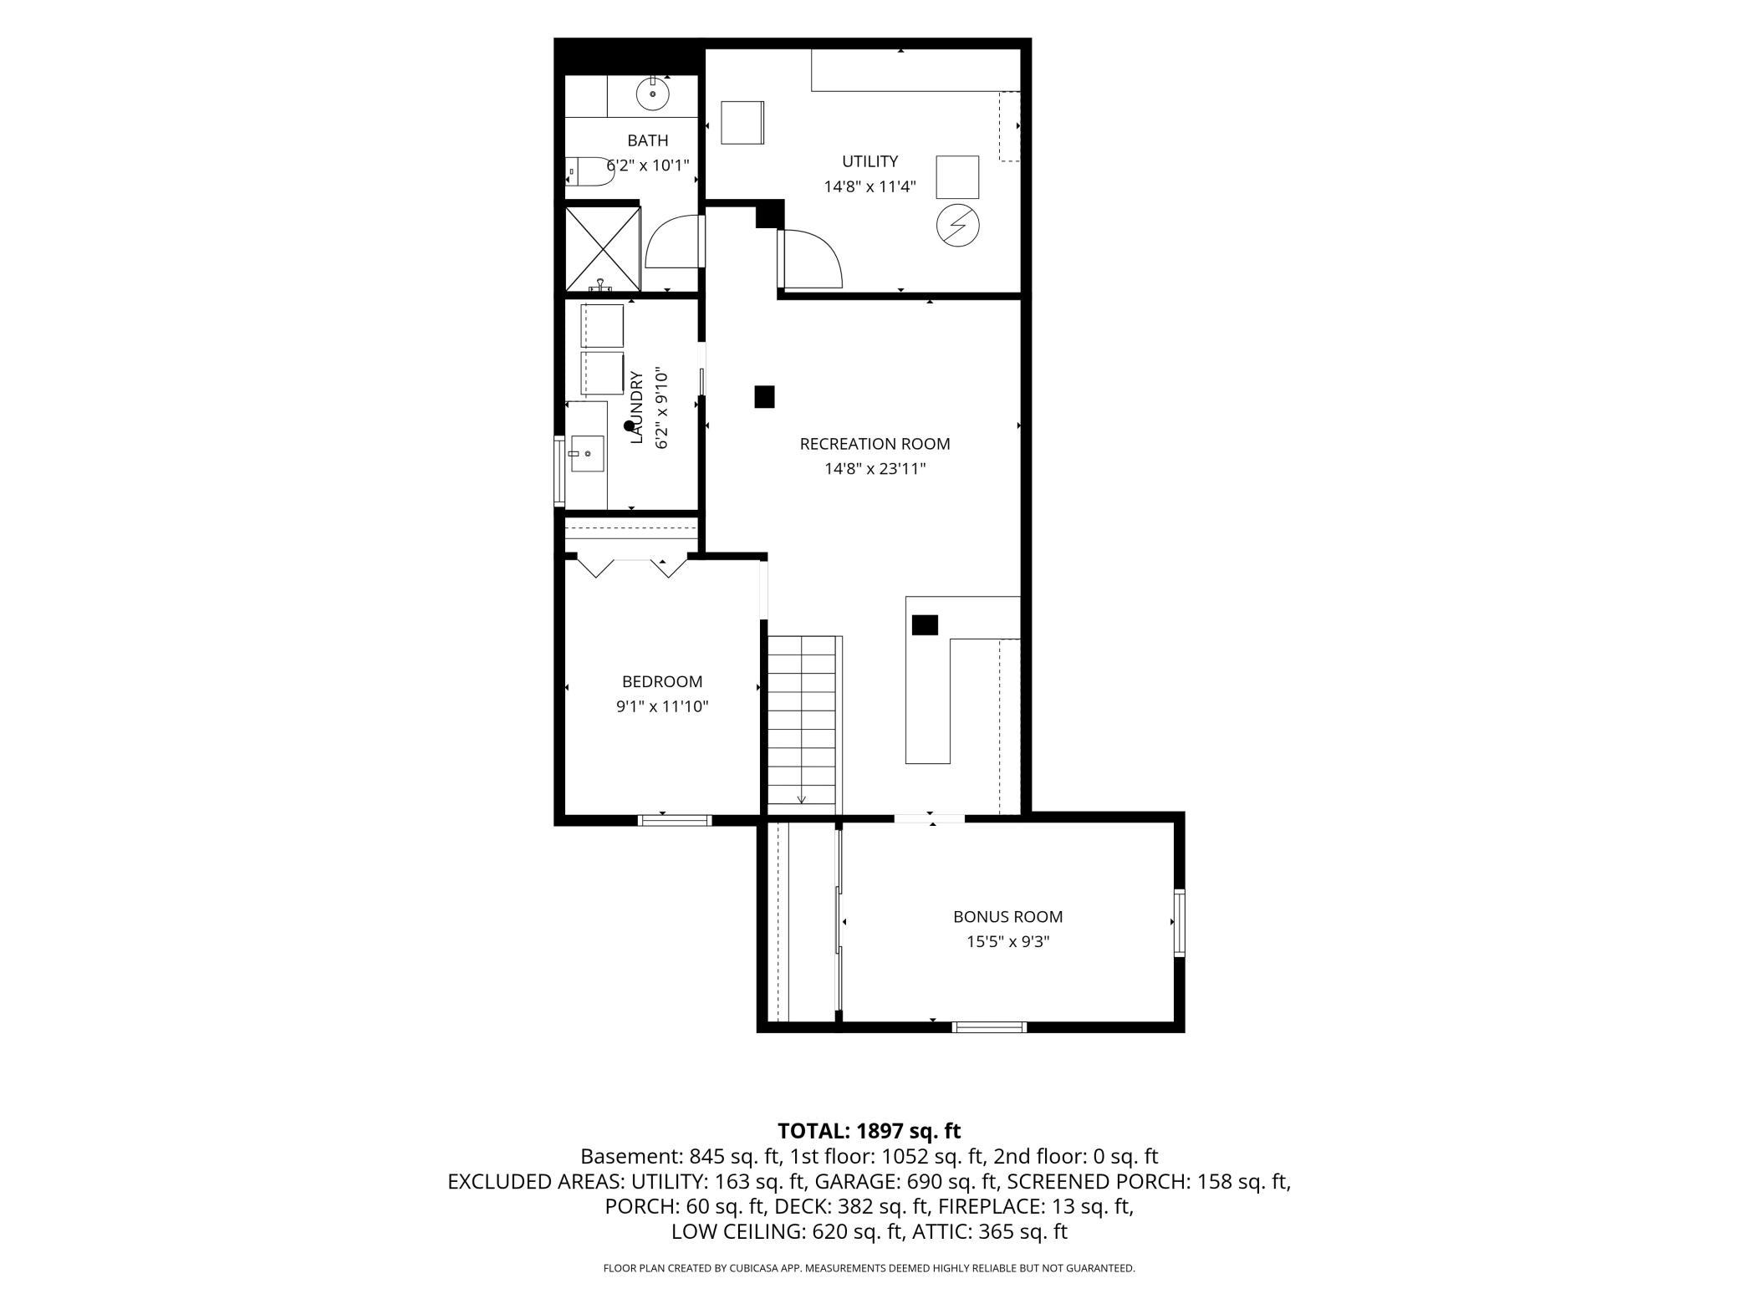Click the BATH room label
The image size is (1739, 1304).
(648, 140)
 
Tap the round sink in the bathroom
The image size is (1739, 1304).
(653, 94)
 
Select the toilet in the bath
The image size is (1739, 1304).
(590, 171)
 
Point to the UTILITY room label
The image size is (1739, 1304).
(869, 161)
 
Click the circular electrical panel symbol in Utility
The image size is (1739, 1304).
(958, 225)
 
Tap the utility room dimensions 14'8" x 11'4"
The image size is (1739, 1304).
(869, 186)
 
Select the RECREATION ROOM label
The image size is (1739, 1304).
(875, 444)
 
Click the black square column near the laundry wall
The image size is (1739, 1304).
(764, 396)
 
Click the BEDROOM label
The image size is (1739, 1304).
(662, 681)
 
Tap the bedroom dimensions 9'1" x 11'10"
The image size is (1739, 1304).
(662, 706)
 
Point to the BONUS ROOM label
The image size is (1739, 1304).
(1007, 917)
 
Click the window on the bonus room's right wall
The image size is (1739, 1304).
(1180, 923)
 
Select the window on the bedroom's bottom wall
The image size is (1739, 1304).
(675, 820)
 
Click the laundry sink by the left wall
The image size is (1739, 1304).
(588, 453)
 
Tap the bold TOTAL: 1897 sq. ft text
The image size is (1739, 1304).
(869, 1131)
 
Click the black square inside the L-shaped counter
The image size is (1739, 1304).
(925, 625)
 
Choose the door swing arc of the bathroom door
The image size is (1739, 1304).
(671, 242)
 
